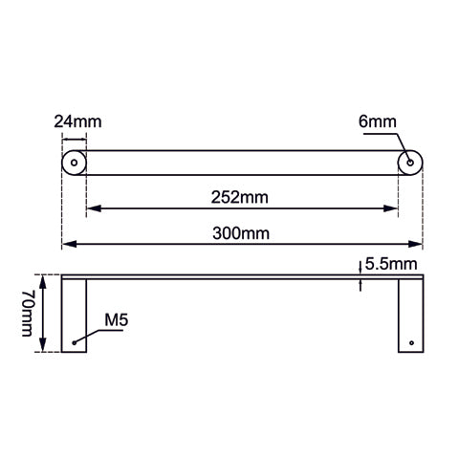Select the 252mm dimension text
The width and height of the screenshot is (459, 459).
(241, 197)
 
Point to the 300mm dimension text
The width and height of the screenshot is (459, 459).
(241, 232)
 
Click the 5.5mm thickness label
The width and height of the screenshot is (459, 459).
(391, 263)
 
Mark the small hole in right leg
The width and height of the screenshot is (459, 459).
(411, 341)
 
